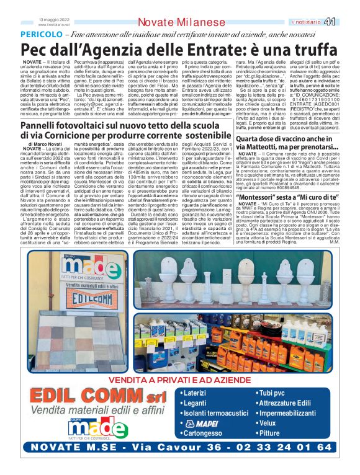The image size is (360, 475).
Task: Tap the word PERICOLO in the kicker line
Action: [41, 35]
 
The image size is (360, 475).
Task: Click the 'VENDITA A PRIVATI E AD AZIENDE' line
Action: [180, 361]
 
